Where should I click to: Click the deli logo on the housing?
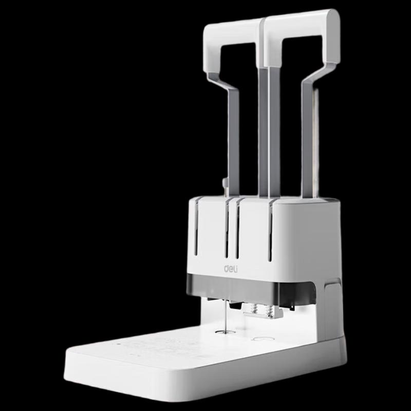pos(231,269)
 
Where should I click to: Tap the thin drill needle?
pos(225,316)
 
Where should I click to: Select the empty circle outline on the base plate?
pos(263,339)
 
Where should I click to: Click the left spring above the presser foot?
pos(253,309)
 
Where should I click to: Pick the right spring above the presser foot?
pos(269,310)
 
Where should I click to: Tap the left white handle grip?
pos(231,40)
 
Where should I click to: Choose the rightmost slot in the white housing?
pos(270,232)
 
